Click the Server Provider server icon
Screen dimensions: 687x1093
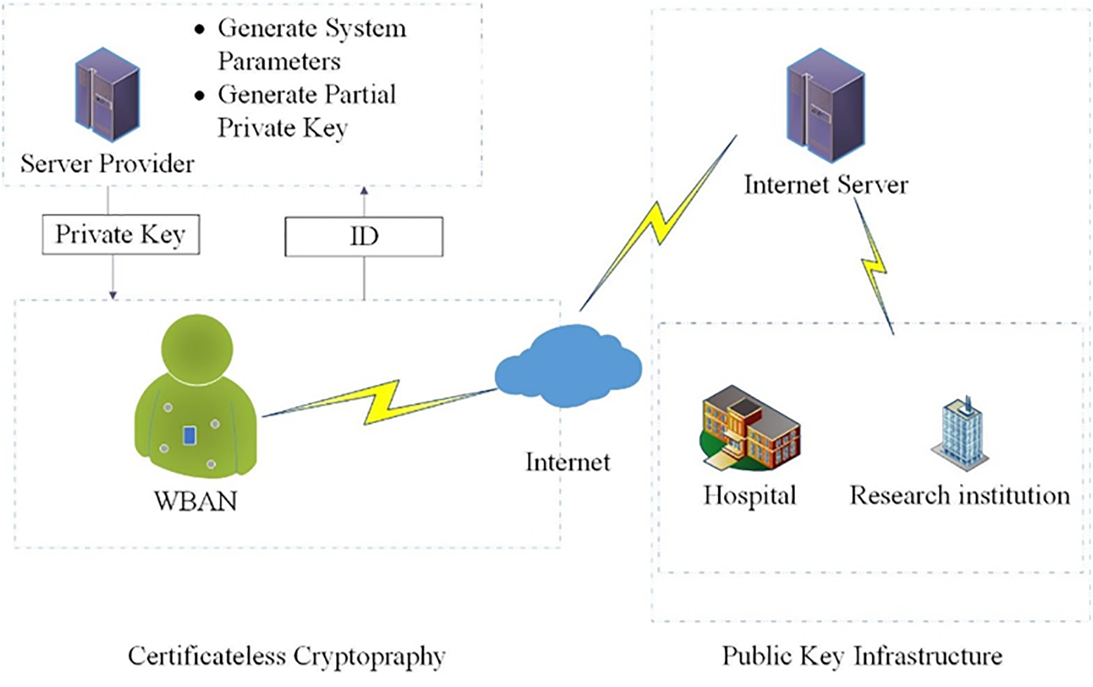coord(108,94)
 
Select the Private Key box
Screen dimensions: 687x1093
coord(121,235)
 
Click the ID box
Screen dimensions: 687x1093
coord(363,237)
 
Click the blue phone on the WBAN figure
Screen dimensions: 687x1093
coord(189,436)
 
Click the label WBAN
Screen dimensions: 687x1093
coord(195,501)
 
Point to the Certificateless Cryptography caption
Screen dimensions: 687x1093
coord(286,656)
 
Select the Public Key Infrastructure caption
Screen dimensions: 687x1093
coord(862,656)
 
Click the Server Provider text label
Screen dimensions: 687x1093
coord(108,164)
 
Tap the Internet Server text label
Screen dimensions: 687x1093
coord(826,185)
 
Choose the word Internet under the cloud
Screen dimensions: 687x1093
coord(568,462)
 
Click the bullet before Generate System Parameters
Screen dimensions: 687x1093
coord(200,30)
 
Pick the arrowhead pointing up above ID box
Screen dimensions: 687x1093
coord(363,190)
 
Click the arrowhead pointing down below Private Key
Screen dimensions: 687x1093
coord(112,295)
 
